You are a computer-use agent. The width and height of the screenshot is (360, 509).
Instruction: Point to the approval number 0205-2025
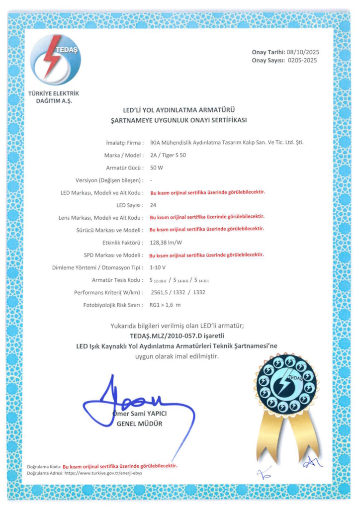pyautogui.click(x=302, y=61)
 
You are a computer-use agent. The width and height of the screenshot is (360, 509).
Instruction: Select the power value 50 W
pyautogui.click(x=157, y=168)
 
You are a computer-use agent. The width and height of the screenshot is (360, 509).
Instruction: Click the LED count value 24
pyautogui.click(x=153, y=205)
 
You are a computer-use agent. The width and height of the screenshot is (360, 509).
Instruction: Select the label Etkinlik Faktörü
pyautogui.click(x=123, y=243)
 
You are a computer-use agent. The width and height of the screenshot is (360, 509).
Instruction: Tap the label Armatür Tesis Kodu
pyautogui.click(x=118, y=280)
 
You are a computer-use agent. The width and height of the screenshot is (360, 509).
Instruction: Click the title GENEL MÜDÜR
pyautogui.click(x=139, y=424)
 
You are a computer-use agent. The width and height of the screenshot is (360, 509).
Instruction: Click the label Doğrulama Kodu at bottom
pyautogui.click(x=44, y=466)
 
